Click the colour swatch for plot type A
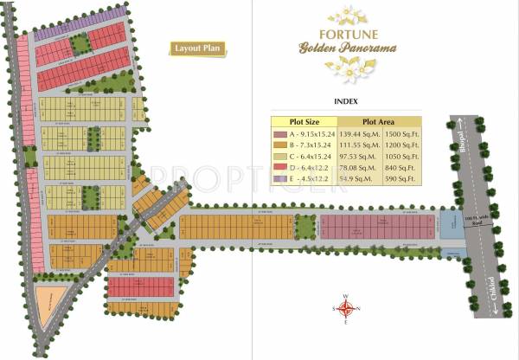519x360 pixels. tap(278, 135)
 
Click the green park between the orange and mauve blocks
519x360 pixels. tap(305, 227)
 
